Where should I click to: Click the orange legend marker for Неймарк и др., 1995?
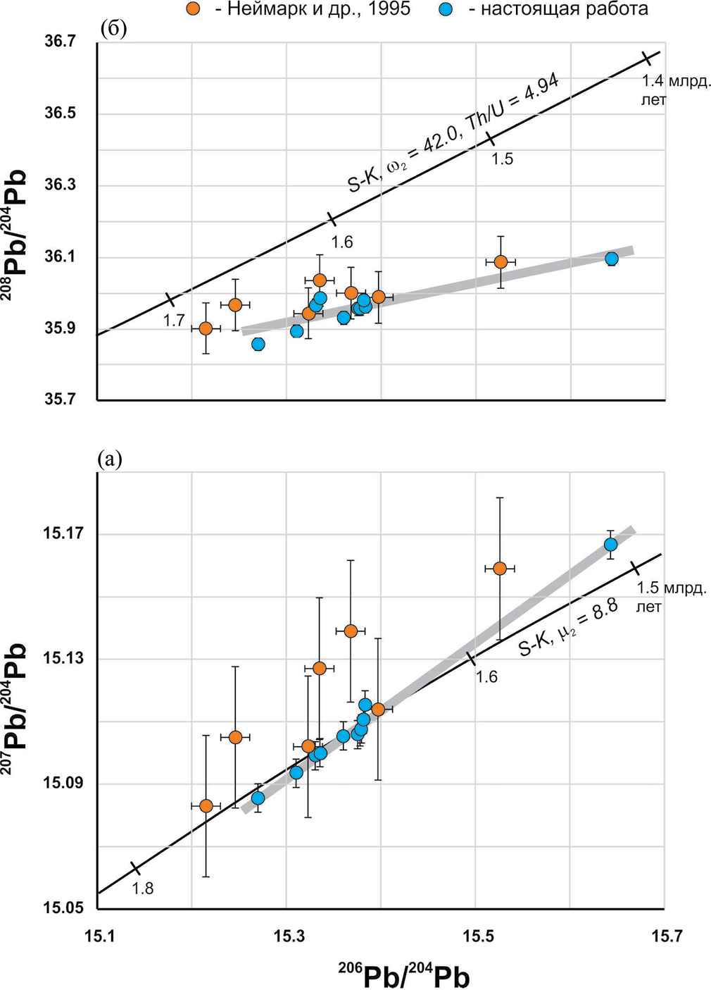pyautogui.click(x=194, y=9)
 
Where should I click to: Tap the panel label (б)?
pyautogui.click(x=113, y=29)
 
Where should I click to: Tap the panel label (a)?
pyautogui.click(x=110, y=460)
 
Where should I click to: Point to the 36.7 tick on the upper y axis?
pyautogui.click(x=60, y=42)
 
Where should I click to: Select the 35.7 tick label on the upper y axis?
pyautogui.click(x=60, y=400)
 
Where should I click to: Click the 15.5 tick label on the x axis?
pyautogui.click(x=477, y=936)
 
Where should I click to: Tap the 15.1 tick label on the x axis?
pyautogui.click(x=99, y=936)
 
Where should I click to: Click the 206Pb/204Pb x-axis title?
pyautogui.click(x=404, y=975)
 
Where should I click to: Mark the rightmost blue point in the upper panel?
pyautogui.click(x=612, y=259)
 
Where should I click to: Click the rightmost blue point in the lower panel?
pyautogui.click(x=610, y=545)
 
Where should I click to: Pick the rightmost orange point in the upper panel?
pyautogui.click(x=501, y=262)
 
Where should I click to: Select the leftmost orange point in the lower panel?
pyautogui.click(x=206, y=806)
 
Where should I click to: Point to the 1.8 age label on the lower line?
pyautogui.click(x=143, y=889)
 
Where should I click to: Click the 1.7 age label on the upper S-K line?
pyautogui.click(x=174, y=321)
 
